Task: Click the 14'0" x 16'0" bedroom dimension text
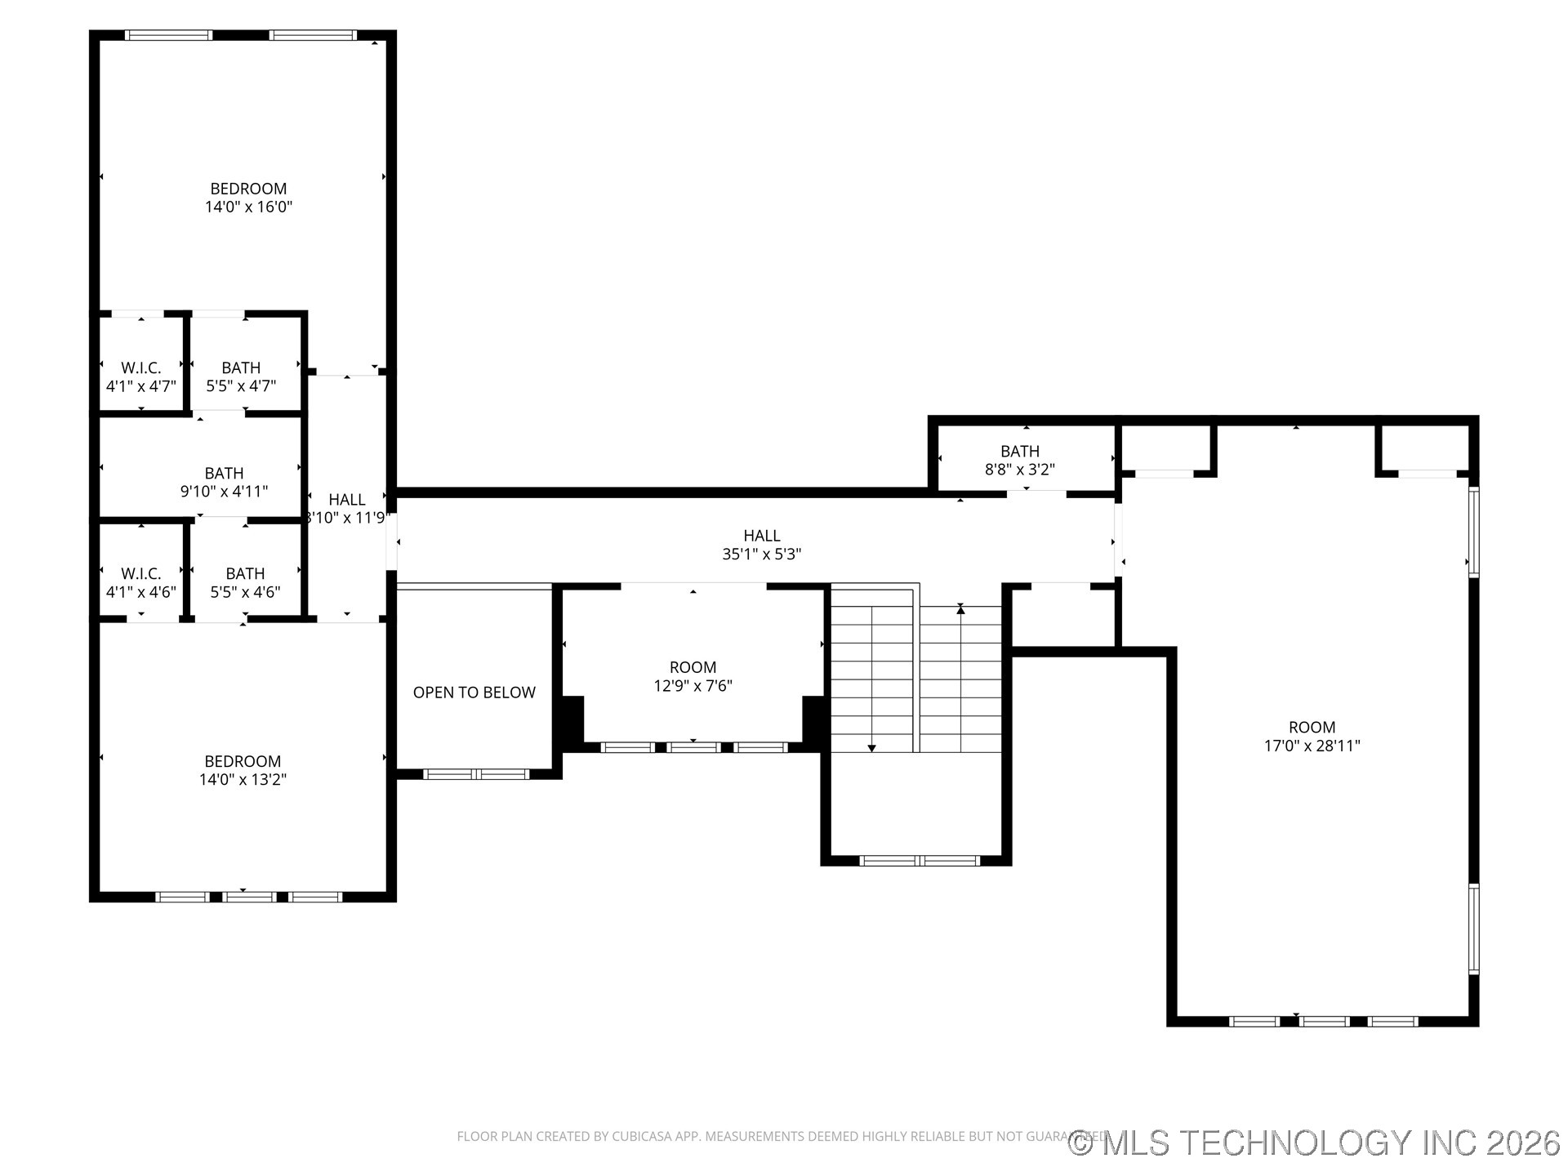click(x=248, y=207)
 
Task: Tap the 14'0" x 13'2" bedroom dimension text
click(x=243, y=780)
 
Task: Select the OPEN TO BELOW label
click(x=474, y=693)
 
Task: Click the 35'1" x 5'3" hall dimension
click(x=761, y=555)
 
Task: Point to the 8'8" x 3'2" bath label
click(x=1020, y=461)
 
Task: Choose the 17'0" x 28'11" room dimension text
click(x=1312, y=746)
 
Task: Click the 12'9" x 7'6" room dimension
click(x=693, y=686)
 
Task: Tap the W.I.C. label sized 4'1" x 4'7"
click(x=140, y=377)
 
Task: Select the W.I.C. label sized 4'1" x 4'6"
click(x=140, y=582)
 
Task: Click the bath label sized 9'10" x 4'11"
click(x=224, y=483)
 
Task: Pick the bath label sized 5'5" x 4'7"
click(x=241, y=377)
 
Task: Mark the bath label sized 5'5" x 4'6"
click(x=245, y=582)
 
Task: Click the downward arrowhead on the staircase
click(x=871, y=747)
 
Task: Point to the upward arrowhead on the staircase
click(x=960, y=609)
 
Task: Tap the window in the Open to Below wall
click(x=476, y=774)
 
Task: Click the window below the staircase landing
click(x=920, y=860)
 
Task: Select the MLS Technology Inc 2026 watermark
click(x=1315, y=1142)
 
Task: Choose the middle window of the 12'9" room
click(x=693, y=747)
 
